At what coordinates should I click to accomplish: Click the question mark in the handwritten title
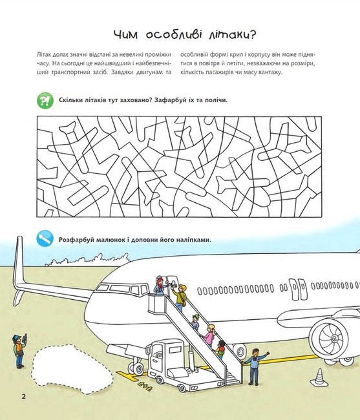coord(251,35)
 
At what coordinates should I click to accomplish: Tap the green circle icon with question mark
coord(45,100)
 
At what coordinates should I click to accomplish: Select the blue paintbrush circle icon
coord(45,238)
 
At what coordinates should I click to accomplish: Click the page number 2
coord(23,397)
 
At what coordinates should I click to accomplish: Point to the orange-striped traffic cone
coord(319,377)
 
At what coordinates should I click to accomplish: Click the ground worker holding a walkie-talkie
coord(19,351)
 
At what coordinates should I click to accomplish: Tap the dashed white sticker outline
coord(72,370)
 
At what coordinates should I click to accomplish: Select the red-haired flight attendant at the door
coord(160,285)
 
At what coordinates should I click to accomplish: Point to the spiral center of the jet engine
coord(334,339)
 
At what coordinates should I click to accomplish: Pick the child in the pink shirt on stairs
coord(209,334)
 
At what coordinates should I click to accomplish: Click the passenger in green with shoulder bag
coord(180,297)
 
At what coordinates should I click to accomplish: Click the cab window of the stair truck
coord(175,350)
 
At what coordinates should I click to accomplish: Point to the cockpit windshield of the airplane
coord(122,289)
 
